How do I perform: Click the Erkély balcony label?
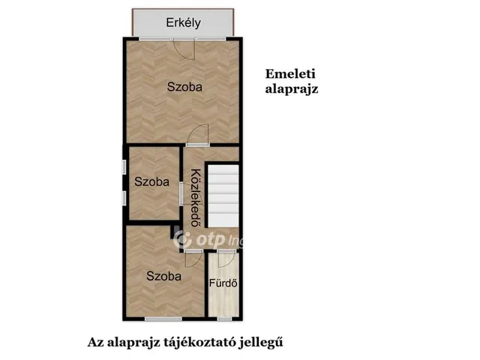tap(184, 22)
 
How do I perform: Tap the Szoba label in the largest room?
tap(184, 87)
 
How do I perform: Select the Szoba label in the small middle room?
tap(151, 181)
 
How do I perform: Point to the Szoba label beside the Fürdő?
tap(163, 276)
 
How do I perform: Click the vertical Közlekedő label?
tap(195, 198)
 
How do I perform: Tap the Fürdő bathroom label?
tap(223, 283)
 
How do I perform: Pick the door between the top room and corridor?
tap(199, 136)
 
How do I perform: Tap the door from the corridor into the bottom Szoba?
tap(194, 253)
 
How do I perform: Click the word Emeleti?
tap(291, 73)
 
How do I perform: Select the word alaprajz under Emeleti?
tap(292, 88)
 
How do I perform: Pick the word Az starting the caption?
tap(94, 342)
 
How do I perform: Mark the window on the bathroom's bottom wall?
tap(223, 319)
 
